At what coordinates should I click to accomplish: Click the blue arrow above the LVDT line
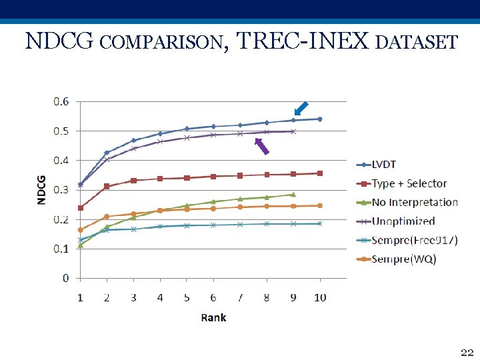click(301, 108)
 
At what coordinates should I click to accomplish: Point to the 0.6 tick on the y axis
click(61, 101)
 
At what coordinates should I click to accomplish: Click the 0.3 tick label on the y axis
click(61, 190)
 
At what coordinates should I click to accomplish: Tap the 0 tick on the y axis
click(65, 278)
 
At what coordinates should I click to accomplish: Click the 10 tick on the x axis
click(320, 297)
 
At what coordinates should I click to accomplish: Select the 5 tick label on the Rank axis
click(187, 297)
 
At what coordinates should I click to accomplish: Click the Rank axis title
click(213, 317)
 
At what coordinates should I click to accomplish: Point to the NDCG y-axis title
click(41, 190)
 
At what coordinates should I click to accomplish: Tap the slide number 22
click(466, 351)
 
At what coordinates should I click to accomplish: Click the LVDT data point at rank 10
click(320, 119)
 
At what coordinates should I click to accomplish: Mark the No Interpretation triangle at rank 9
click(293, 194)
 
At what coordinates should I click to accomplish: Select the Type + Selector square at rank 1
click(81, 208)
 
